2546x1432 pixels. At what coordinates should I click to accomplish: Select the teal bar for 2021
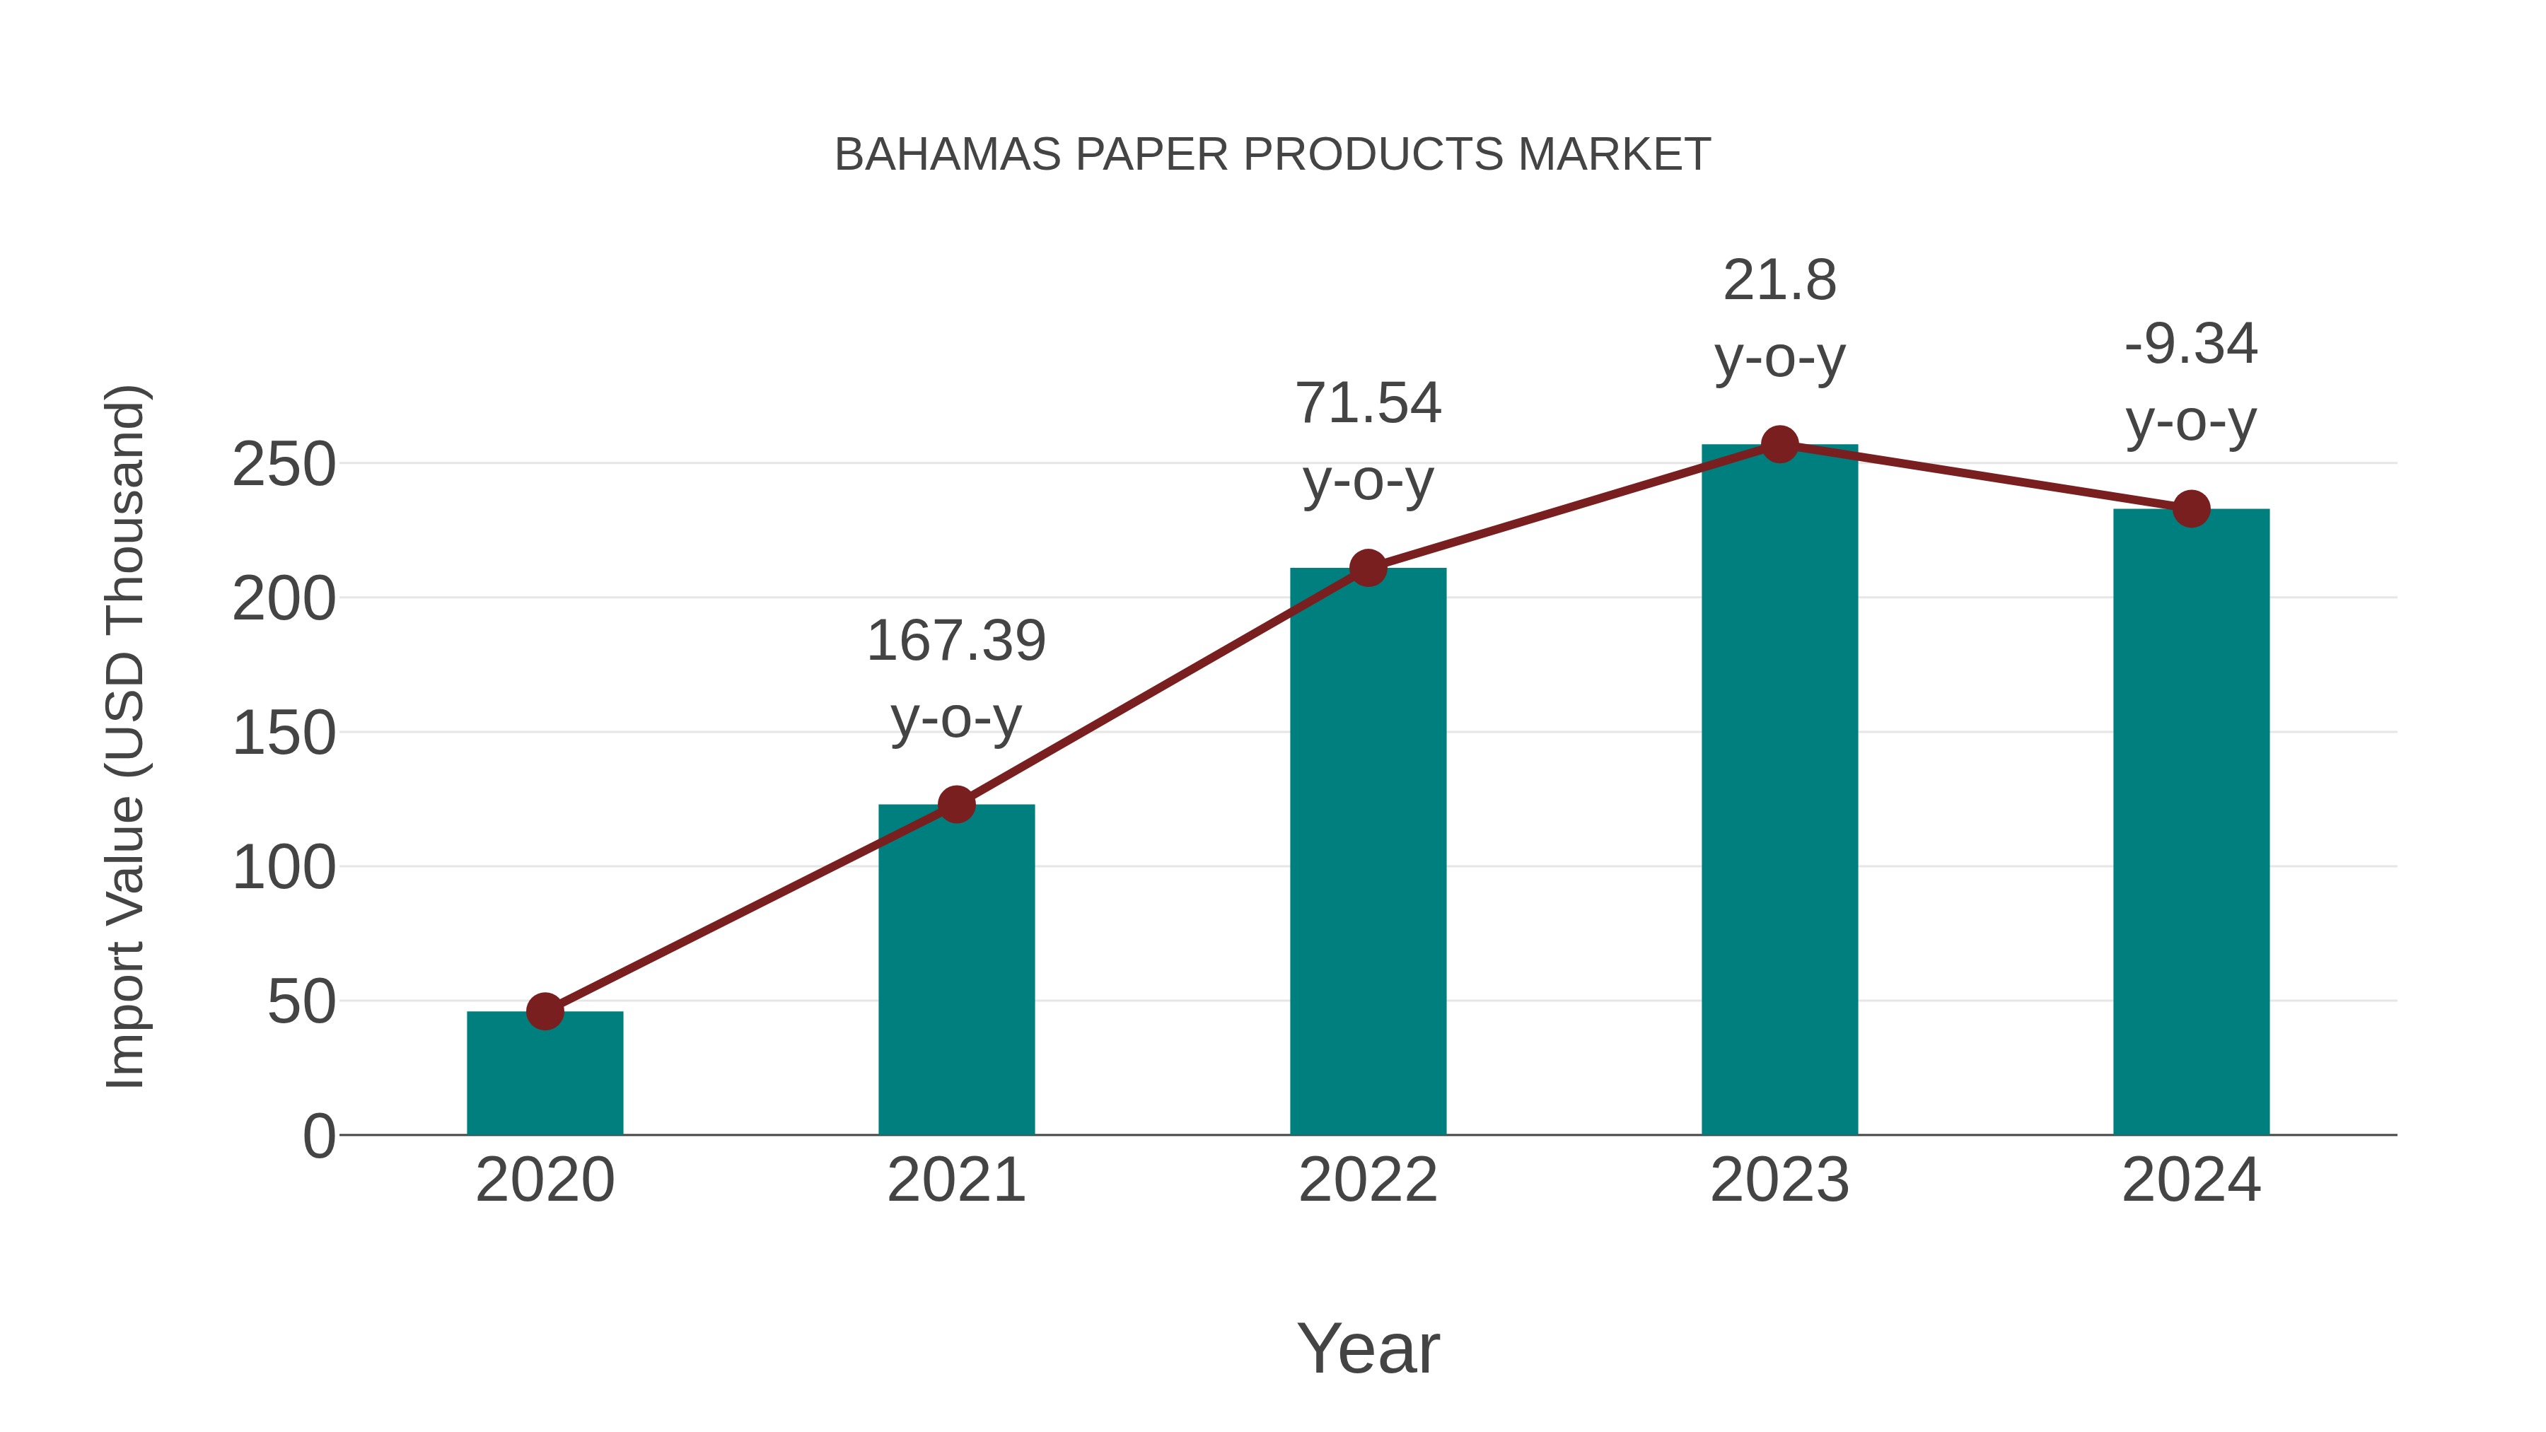(x=955, y=974)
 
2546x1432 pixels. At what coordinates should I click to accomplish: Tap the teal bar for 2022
(x=1368, y=855)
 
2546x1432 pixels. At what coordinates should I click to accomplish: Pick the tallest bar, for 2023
(x=1779, y=791)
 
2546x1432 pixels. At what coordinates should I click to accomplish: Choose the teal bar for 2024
(x=2191, y=825)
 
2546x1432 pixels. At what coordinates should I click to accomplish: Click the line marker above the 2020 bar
(x=545, y=1011)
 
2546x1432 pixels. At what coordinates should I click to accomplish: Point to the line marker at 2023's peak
(x=1779, y=445)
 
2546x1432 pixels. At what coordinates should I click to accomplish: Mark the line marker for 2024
(x=2191, y=509)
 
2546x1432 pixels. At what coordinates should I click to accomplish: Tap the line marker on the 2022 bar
(x=1368, y=569)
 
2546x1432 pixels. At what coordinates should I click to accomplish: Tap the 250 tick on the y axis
(x=284, y=465)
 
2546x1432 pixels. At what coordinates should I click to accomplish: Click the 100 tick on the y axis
(x=284, y=868)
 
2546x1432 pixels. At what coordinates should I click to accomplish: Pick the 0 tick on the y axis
(x=318, y=1136)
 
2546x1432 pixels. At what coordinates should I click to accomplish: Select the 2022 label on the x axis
(x=1368, y=1180)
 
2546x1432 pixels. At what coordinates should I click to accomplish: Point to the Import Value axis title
(x=127, y=736)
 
